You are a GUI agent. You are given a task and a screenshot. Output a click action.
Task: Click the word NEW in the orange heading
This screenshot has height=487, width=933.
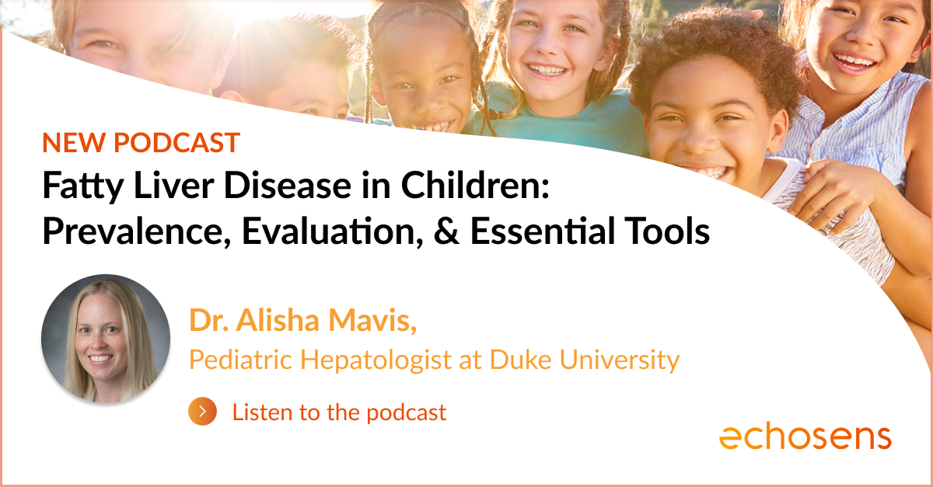pyautogui.click(x=73, y=143)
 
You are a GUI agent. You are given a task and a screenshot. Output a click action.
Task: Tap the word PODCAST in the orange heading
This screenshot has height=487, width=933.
pyautogui.click(x=176, y=143)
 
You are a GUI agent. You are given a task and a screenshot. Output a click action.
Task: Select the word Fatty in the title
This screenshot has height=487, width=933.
pyautogui.click(x=83, y=187)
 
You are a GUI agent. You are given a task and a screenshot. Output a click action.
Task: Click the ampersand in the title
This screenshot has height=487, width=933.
pyautogui.click(x=447, y=231)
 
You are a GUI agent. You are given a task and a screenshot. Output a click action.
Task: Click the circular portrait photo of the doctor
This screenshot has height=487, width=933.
pyautogui.click(x=106, y=339)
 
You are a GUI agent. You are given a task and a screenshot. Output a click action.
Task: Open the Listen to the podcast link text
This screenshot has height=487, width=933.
pyautogui.click(x=339, y=412)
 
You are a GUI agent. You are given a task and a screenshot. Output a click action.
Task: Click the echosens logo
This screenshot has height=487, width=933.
pyautogui.click(x=805, y=437)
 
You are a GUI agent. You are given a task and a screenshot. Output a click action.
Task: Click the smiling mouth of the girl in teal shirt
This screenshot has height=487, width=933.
pyautogui.click(x=547, y=70)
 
